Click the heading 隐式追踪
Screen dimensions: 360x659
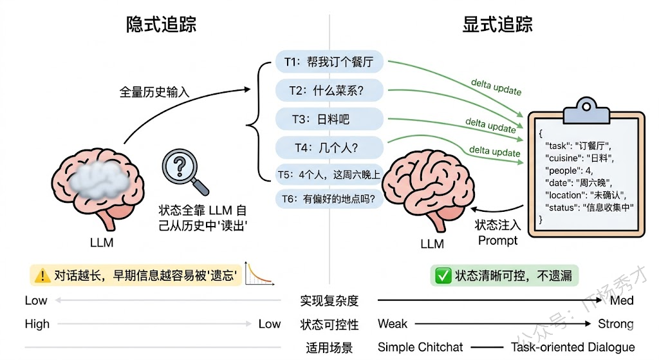tap(161, 24)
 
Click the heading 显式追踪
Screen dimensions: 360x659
tap(497, 24)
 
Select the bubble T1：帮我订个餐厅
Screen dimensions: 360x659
tap(329, 62)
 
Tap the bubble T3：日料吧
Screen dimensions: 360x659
tap(329, 119)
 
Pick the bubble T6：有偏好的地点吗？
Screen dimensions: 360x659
tap(329, 199)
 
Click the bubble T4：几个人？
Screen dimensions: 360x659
tap(329, 147)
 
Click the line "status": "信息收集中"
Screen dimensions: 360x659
tap(589, 207)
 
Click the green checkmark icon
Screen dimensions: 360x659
tap(443, 276)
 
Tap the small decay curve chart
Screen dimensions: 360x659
tap(261, 274)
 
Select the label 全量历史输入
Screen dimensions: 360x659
tap(154, 92)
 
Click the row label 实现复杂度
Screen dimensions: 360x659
tap(329, 300)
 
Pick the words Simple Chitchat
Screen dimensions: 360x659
tap(420, 347)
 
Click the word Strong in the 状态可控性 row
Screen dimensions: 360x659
tap(615, 323)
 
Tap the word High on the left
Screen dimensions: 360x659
tap(37, 323)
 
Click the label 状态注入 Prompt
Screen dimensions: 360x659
tap(497, 232)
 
